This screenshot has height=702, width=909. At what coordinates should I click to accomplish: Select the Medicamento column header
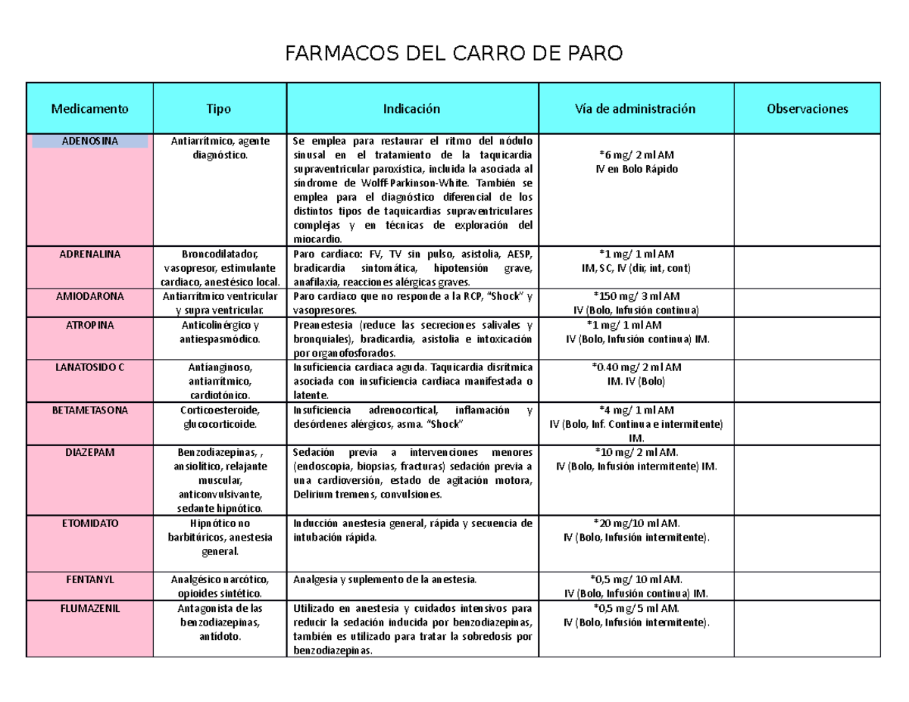(x=90, y=108)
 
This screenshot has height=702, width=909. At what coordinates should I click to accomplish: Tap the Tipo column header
(x=220, y=108)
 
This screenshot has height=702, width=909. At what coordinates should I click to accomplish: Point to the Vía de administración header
(x=636, y=108)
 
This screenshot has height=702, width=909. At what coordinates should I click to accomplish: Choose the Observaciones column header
(x=807, y=108)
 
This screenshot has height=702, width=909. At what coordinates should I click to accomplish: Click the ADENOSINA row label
(x=90, y=141)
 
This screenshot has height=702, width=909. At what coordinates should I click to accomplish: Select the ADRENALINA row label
(x=90, y=254)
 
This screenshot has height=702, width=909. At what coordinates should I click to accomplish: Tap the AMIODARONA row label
(x=90, y=295)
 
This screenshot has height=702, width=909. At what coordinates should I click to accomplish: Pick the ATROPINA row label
(x=90, y=325)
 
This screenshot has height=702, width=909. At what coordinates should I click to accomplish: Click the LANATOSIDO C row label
(x=90, y=367)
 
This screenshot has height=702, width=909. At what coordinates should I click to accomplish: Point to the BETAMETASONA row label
(x=90, y=410)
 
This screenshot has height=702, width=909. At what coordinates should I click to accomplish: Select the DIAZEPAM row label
(x=90, y=452)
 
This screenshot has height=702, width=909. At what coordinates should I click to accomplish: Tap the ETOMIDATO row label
(x=90, y=523)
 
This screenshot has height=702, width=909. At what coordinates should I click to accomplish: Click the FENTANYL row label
(x=90, y=579)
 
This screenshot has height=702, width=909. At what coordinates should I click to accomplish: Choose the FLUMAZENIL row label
(x=90, y=608)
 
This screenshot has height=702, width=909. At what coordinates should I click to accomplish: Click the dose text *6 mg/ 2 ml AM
(x=636, y=155)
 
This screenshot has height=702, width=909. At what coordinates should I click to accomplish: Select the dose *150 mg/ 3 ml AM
(x=636, y=296)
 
